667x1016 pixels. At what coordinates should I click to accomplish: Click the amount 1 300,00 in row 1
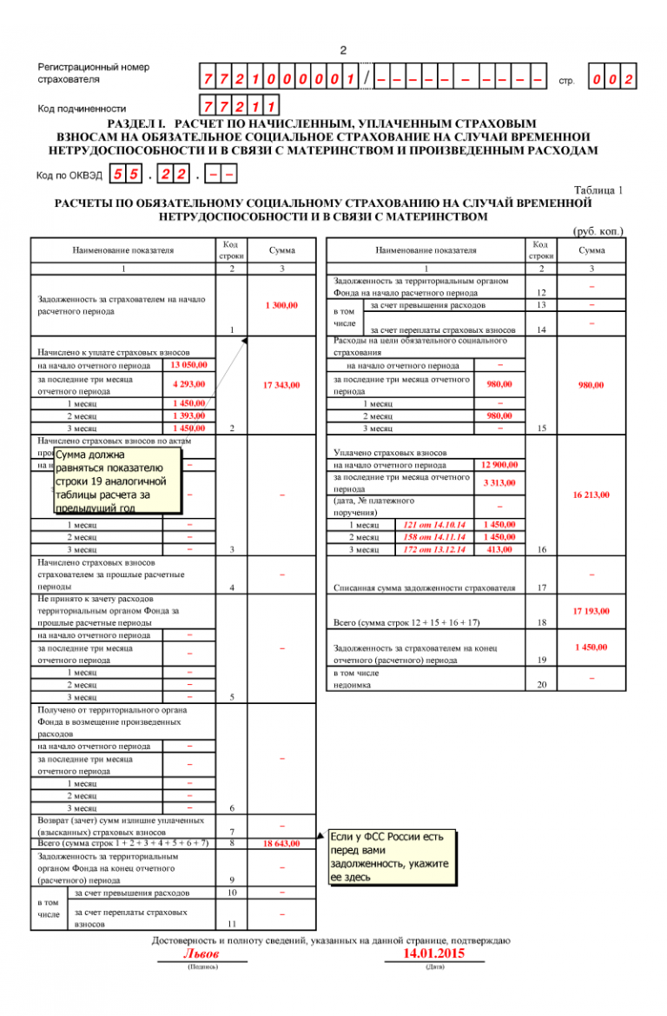click(281, 305)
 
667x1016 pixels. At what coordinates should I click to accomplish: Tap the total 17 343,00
click(281, 384)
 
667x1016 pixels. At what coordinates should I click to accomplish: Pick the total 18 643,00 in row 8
click(281, 844)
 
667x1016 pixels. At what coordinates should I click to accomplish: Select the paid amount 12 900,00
click(499, 465)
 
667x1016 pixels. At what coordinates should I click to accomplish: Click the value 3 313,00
click(499, 482)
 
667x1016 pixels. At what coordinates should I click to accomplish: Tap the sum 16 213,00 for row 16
click(591, 495)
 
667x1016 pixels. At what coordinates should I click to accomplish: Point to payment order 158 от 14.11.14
click(432, 537)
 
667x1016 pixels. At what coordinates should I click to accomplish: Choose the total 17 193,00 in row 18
click(591, 611)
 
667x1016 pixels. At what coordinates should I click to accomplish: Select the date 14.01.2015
click(435, 953)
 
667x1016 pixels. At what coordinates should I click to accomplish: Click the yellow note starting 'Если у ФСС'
click(391, 857)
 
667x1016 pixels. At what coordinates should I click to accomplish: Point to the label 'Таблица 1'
click(598, 189)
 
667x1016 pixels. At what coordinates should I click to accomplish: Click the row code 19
click(541, 661)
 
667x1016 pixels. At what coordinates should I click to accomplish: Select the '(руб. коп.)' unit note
click(598, 231)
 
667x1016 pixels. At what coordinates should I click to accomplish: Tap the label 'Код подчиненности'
click(76, 109)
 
